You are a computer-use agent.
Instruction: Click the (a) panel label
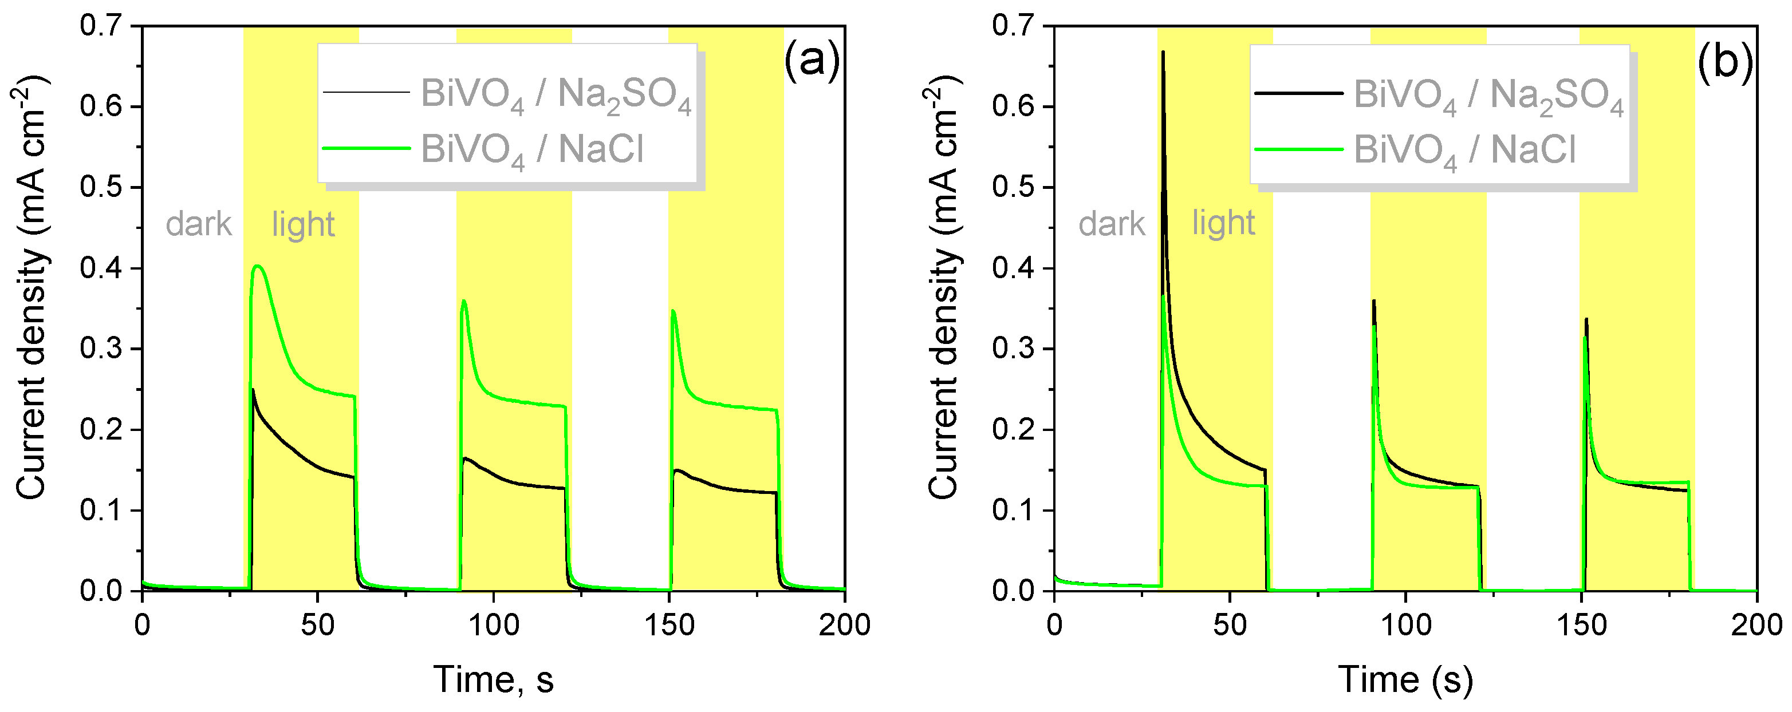point(811,61)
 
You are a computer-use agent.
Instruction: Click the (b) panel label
point(1724,61)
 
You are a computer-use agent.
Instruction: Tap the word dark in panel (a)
point(198,224)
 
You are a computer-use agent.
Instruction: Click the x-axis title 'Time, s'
point(493,679)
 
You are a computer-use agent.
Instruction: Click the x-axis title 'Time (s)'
point(1405,679)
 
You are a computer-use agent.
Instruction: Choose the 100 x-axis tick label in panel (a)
point(493,625)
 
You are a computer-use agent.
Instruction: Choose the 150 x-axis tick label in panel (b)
point(1581,625)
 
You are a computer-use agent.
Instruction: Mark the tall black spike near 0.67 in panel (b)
point(1163,52)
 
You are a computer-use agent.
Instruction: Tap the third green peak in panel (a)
point(673,311)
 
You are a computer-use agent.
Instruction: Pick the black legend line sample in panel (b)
point(1298,93)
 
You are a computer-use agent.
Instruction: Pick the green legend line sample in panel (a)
point(366,148)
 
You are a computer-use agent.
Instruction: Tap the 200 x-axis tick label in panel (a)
point(844,625)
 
